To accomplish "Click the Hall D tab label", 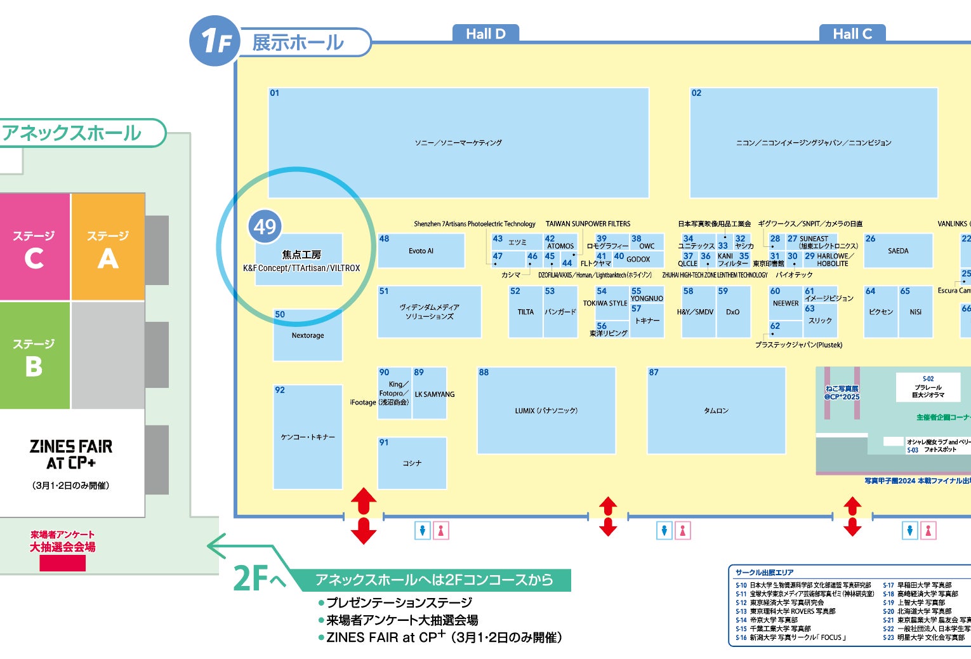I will pos(485,34).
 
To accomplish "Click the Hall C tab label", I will pos(852,34).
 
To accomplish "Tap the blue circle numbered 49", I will pos(265,227).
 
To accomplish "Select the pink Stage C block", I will pos(34,248).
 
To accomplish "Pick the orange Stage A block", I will pos(108,248).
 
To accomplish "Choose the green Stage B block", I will pos(34,356).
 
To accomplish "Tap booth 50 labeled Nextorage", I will pos(308,335).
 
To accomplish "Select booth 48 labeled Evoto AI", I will pos(421,251).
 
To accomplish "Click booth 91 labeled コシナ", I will pos(412,463).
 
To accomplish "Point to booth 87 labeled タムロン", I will pos(716,411).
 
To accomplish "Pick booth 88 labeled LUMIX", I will pos(546,411).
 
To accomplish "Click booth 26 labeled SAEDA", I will pos(898,251).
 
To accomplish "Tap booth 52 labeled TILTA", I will pos(525,312).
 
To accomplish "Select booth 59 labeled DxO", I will pos(733,312).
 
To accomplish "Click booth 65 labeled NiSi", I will pos(915,312).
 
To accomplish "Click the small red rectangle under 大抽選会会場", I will pos(62,563).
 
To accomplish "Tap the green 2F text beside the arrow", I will pos(251,578).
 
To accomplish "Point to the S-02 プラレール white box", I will pos(928,387).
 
